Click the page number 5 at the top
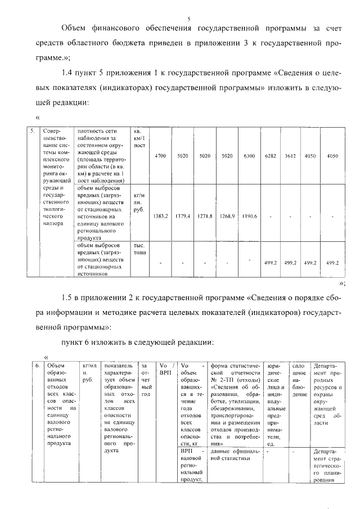(x=189, y=19)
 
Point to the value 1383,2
(x=160, y=216)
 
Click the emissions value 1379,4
(x=182, y=216)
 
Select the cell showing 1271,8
(x=205, y=216)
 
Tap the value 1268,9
(x=227, y=216)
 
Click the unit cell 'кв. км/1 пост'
(x=140, y=138)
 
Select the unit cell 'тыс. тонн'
(x=140, y=249)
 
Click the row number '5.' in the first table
(x=34, y=131)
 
